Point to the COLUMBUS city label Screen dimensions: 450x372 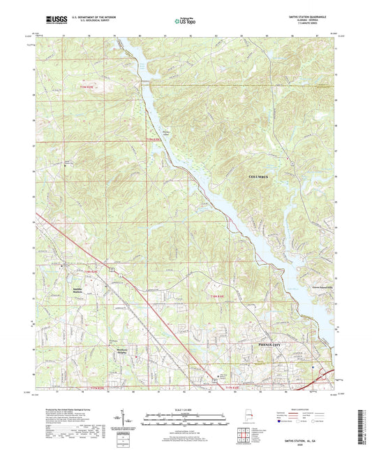(x=263, y=177)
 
